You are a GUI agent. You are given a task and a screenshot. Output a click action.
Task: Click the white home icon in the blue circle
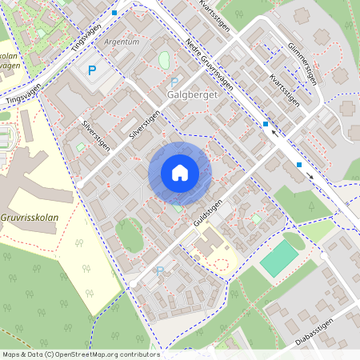(180, 173)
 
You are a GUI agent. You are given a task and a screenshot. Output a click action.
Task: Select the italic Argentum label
(122, 41)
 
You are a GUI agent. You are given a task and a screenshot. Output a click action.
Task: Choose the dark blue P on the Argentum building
(92, 70)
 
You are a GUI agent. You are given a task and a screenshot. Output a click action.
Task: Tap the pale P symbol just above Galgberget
(174, 82)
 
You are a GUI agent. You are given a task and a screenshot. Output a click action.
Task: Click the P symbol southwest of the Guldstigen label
(159, 271)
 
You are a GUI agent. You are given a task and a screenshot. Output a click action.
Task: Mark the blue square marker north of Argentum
(114, 13)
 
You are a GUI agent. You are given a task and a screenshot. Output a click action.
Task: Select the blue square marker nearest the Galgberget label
(266, 123)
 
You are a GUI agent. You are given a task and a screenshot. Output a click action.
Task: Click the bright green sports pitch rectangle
(278, 258)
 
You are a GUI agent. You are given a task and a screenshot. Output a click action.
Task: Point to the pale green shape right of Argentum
(165, 59)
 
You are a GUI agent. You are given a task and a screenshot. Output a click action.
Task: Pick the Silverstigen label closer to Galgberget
(145, 125)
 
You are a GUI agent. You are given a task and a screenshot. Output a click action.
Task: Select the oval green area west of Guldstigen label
(128, 234)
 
